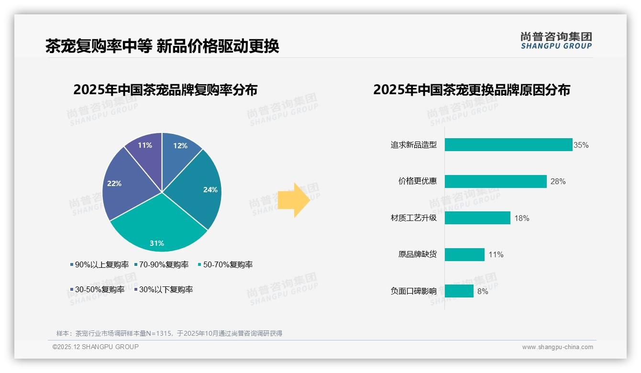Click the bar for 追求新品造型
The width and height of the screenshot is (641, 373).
[508, 145]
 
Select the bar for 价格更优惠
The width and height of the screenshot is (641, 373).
[496, 181]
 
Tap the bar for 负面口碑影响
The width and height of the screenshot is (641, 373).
[459, 291]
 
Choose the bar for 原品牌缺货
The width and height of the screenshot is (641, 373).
[464, 254]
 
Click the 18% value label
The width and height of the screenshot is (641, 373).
[521, 218]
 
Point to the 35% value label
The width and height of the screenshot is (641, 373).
[581, 145]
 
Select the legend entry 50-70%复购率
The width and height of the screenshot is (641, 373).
[225, 264]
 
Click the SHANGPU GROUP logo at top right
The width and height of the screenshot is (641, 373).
[556, 41]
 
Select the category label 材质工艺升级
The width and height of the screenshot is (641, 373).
[413, 218]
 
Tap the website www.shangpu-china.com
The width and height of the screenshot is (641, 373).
[557, 347]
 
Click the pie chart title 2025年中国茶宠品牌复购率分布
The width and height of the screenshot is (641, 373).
[165, 90]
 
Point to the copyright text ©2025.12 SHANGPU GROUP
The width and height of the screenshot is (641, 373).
[96, 347]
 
